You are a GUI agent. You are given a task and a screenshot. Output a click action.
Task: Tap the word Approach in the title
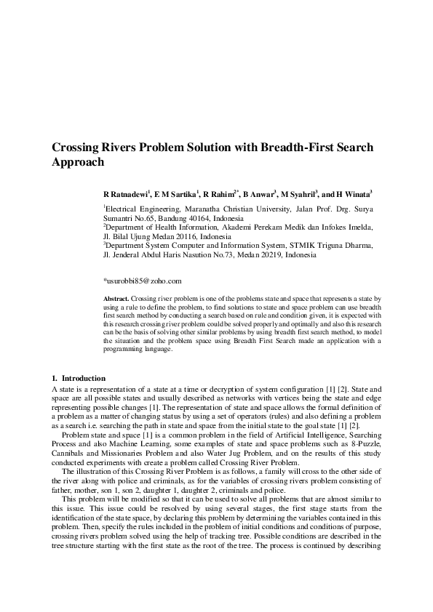(78, 163)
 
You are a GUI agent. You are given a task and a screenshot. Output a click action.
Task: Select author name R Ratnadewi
(126, 196)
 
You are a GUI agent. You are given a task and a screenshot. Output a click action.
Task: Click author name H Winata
(352, 196)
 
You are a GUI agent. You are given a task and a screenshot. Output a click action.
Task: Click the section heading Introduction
(84, 379)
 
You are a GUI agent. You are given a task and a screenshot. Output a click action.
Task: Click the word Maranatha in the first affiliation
(191, 208)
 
